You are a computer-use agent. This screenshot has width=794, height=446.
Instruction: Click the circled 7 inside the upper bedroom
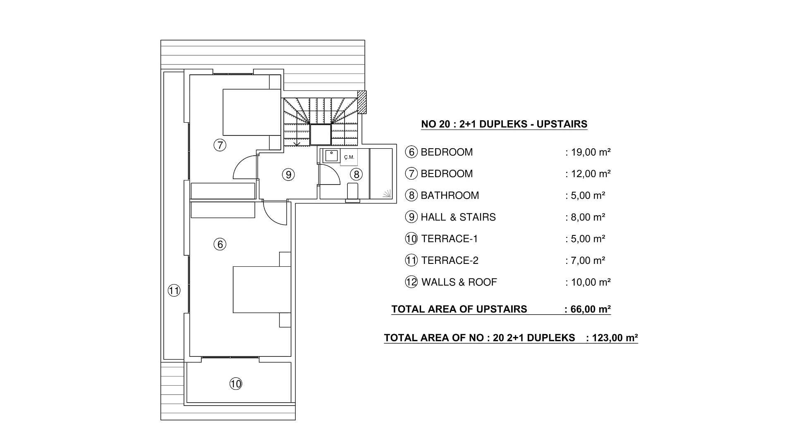(220, 145)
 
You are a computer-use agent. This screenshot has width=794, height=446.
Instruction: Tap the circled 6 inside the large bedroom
(220, 244)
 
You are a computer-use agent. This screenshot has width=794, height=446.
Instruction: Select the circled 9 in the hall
(288, 175)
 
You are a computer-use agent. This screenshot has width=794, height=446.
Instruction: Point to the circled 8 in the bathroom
(356, 174)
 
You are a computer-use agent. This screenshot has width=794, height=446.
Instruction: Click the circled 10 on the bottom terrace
(236, 384)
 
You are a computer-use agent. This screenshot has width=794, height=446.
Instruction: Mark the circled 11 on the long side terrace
(174, 291)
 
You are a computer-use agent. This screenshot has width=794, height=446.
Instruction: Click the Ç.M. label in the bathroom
(349, 157)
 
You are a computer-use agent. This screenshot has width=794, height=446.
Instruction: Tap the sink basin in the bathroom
(331, 156)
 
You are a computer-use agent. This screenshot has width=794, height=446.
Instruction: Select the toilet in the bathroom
(353, 192)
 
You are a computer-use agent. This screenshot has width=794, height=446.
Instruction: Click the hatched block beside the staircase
(362, 102)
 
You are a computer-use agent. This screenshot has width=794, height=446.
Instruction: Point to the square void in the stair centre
(320, 135)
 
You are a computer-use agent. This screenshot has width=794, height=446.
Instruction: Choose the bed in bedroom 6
(261, 289)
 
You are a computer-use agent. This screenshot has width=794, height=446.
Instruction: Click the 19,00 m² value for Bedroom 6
(591, 152)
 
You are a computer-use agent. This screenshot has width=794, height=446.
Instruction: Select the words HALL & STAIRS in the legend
(458, 217)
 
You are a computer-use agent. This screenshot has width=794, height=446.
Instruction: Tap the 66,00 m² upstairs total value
(590, 309)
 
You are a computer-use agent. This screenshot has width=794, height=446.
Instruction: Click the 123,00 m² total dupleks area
(615, 338)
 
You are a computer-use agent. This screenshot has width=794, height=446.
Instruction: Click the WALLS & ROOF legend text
(459, 282)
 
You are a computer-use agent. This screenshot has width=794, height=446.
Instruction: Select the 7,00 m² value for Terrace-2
(588, 261)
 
